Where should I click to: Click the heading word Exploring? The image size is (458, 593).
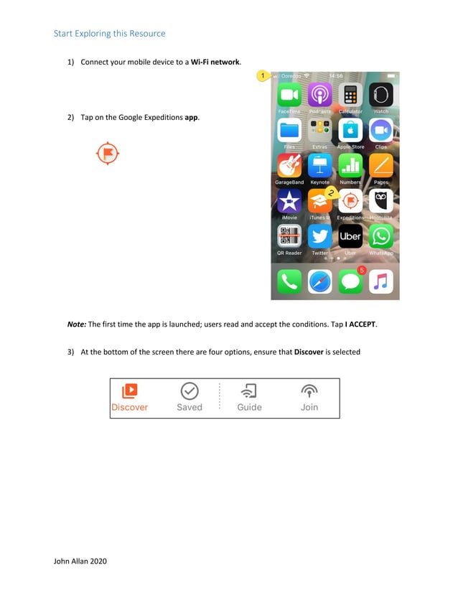click(97, 34)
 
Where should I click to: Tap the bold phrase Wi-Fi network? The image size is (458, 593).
click(215, 62)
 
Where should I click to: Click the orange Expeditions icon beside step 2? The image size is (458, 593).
click(108, 154)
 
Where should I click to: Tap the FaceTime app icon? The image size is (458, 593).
click(289, 95)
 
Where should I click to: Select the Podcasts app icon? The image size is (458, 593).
click(319, 95)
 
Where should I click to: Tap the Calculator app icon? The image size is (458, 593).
click(350, 95)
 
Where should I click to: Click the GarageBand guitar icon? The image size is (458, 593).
click(289, 166)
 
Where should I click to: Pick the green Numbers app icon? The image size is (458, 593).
click(350, 166)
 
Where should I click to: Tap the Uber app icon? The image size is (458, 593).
click(350, 236)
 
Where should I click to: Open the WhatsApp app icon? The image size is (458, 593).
click(381, 236)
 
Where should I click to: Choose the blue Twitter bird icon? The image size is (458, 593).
click(319, 236)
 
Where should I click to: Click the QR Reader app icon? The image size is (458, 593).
click(289, 236)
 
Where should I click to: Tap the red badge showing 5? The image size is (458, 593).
click(362, 270)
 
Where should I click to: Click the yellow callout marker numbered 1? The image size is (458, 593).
click(263, 75)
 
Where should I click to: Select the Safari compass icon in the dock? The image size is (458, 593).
click(319, 281)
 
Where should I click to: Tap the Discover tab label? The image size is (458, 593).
click(129, 407)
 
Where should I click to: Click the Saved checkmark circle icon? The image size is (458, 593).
click(190, 391)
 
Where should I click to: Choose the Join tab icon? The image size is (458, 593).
click(309, 391)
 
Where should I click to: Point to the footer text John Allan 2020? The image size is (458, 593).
click(80, 561)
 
